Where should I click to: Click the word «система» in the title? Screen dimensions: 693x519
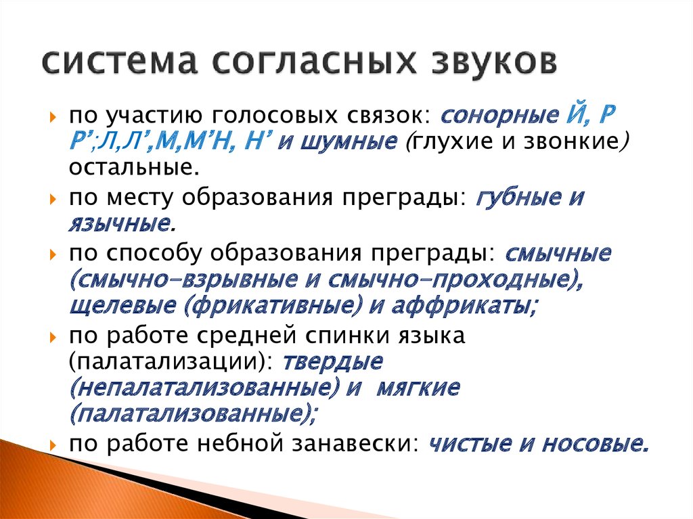[119, 62]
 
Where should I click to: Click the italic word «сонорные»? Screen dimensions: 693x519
[499, 116]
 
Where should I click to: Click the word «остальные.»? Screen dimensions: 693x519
[134, 168]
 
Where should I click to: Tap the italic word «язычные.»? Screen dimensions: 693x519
[122, 223]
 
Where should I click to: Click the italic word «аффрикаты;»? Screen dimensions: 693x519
[464, 305]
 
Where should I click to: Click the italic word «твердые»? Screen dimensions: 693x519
[332, 361]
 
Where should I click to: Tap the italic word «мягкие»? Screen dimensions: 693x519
[418, 388]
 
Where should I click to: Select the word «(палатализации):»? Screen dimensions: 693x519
[171, 362]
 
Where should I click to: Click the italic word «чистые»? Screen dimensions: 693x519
[470, 443]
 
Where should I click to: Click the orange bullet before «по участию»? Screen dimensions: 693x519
[53, 118]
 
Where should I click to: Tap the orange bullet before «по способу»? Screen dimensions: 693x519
[53, 255]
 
